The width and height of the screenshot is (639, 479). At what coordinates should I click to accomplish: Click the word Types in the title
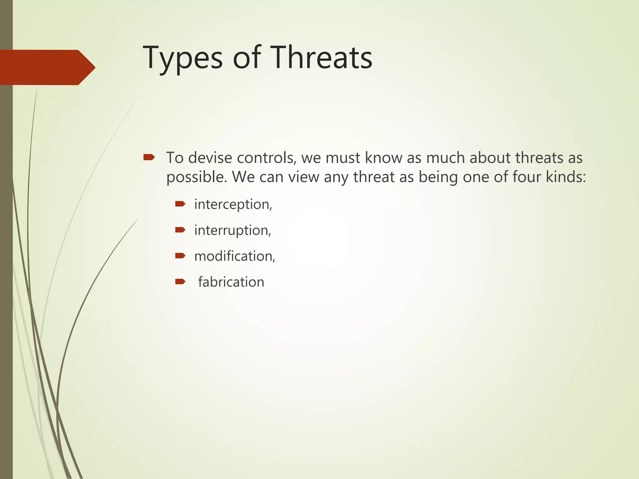183,58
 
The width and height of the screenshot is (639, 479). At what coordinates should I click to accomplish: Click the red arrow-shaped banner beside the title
47,67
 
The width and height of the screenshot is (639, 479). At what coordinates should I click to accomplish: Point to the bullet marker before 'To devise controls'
149,157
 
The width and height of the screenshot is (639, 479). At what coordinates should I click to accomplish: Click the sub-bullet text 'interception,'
233,205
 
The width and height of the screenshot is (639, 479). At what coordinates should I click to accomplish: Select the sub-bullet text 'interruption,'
232,230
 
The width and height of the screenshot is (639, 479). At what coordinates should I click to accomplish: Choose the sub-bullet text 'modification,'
235,256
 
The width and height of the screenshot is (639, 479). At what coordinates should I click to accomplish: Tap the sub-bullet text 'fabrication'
231,282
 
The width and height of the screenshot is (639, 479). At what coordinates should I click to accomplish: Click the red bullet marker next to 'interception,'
180,204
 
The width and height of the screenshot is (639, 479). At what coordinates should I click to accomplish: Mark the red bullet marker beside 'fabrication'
180,282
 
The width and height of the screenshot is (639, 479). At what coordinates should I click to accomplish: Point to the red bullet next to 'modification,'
180,256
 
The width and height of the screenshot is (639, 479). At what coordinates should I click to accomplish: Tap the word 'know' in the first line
383,158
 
